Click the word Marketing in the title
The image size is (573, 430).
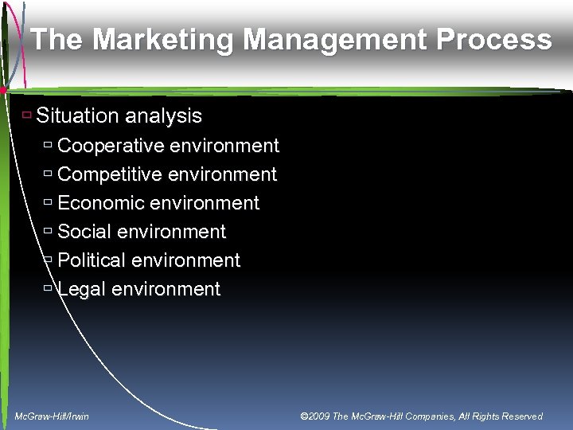pos(146,40)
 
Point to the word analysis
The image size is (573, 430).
pos(163,116)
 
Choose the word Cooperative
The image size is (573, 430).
pos(111,146)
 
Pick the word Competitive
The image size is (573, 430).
pos(111,174)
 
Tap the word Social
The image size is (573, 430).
pos(84,232)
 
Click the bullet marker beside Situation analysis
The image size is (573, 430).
pos(26,115)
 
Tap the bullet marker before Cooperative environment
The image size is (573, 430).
pos(48,146)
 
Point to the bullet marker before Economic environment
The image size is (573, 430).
pos(48,203)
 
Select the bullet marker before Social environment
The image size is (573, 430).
pos(48,232)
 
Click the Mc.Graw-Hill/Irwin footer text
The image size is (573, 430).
pos(53,416)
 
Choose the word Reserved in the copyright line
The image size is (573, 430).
pos(520,416)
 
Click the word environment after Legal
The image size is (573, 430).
pos(166,289)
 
